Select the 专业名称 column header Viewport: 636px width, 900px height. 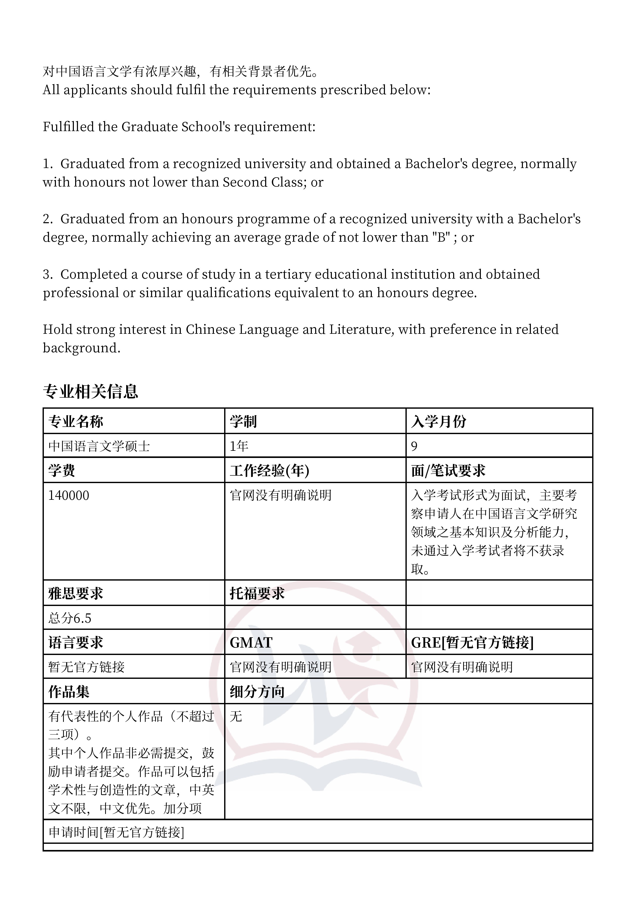(76, 421)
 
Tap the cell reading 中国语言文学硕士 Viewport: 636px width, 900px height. (99, 446)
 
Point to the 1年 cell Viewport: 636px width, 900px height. (239, 446)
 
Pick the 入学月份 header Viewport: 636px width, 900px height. (439, 421)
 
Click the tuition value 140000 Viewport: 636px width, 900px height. (68, 495)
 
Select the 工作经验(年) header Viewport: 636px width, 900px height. (269, 470)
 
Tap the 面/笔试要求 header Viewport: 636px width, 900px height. (448, 470)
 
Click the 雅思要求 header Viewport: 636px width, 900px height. (76, 593)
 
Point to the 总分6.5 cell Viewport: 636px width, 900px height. (70, 618)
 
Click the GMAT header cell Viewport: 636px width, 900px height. (251, 643)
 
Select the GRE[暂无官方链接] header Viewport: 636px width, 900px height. (472, 643)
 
